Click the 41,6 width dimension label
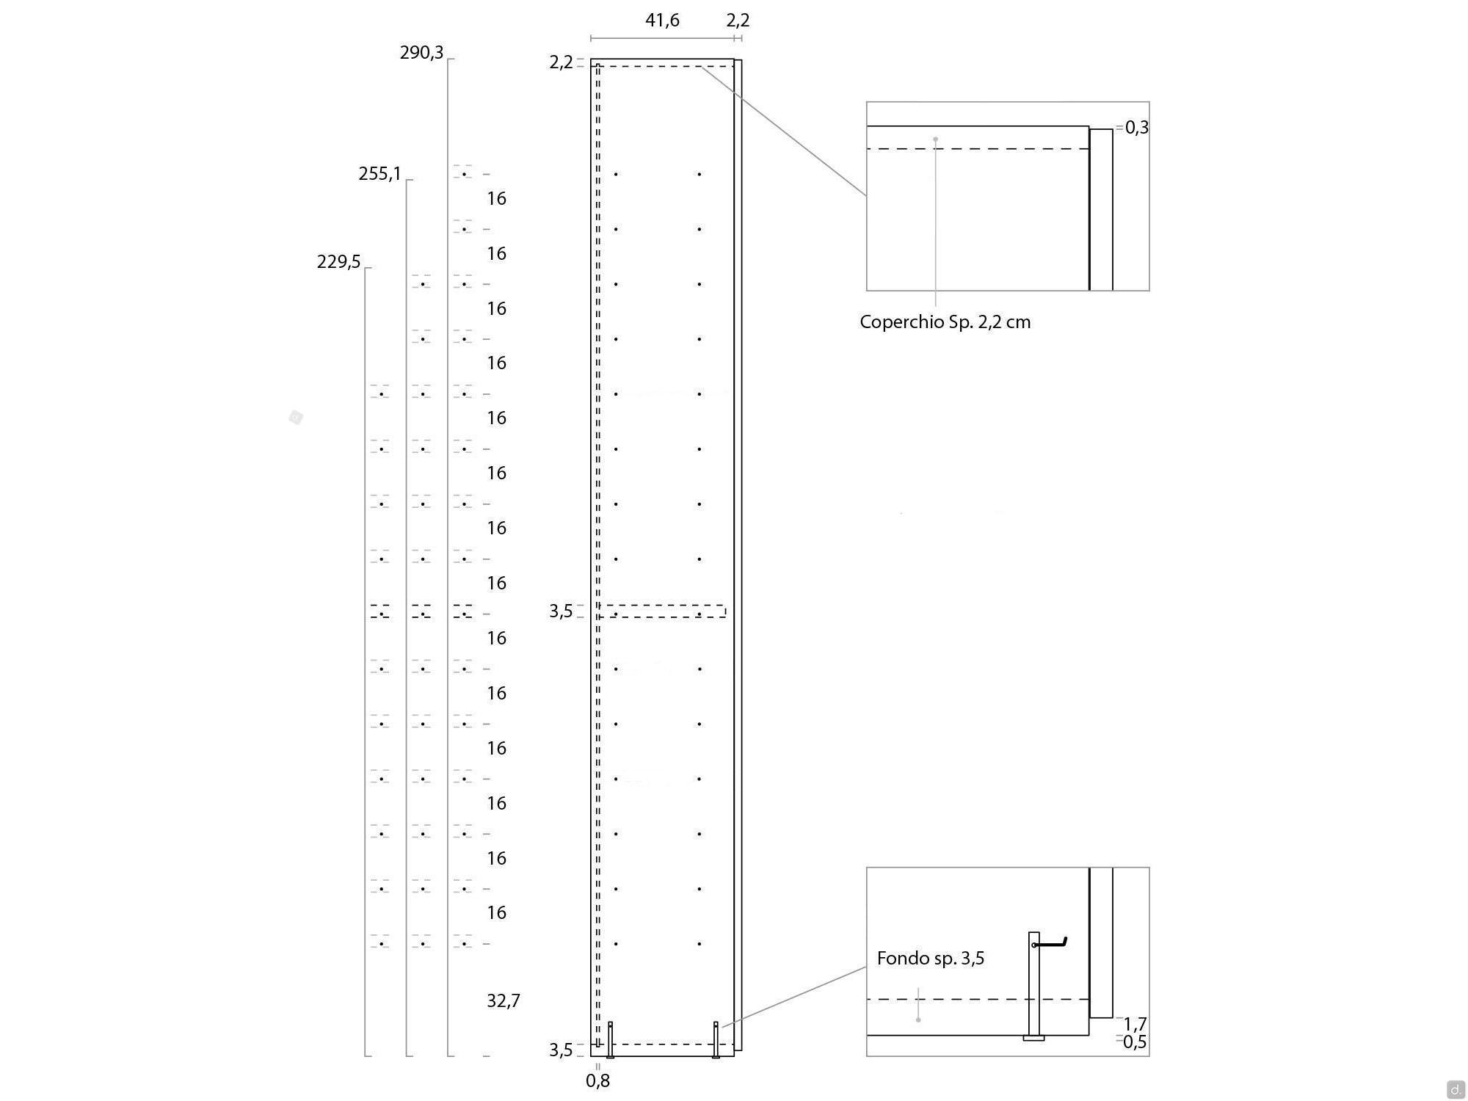click(x=662, y=21)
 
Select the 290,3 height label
click(x=421, y=53)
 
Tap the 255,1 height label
click(x=379, y=174)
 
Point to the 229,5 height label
click(x=338, y=262)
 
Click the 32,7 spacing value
click(x=504, y=1000)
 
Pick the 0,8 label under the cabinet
click(x=598, y=1080)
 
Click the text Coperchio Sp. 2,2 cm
click(x=945, y=322)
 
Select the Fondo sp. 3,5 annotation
click(x=931, y=958)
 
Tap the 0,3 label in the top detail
click(x=1137, y=128)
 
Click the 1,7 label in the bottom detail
click(x=1135, y=1024)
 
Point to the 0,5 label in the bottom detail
click(x=1135, y=1042)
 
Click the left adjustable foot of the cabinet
click(x=610, y=1039)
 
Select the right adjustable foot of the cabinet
click(x=716, y=1039)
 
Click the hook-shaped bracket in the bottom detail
click(x=1050, y=942)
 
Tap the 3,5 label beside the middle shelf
click(x=561, y=611)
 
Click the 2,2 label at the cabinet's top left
click(x=561, y=62)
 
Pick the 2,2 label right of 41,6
click(x=738, y=21)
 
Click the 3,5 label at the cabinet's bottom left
click(x=561, y=1050)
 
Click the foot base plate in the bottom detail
click(x=1033, y=1038)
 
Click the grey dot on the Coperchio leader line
click(x=935, y=139)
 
